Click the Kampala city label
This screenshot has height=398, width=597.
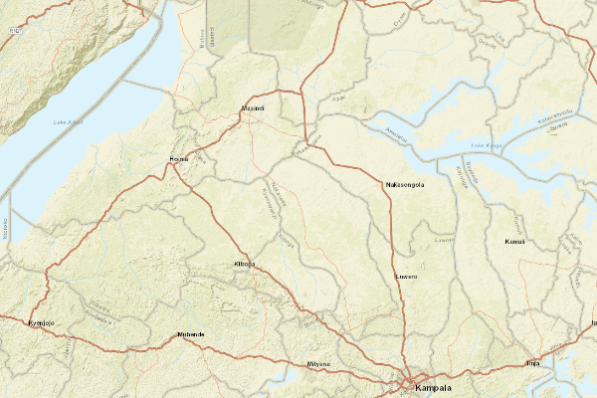point(434,387)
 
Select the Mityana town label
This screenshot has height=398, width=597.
point(318,365)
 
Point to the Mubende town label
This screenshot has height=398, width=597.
point(190,334)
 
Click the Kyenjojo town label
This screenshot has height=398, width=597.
point(41,323)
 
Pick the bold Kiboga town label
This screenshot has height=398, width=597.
point(244,264)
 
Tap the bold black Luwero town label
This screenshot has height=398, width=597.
point(406,276)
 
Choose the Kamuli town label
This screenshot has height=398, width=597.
point(514,242)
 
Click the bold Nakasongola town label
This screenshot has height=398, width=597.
point(405,185)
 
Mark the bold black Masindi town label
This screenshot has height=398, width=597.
point(253,108)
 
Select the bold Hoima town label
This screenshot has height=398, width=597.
point(179,159)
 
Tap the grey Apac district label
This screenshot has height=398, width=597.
point(338,99)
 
